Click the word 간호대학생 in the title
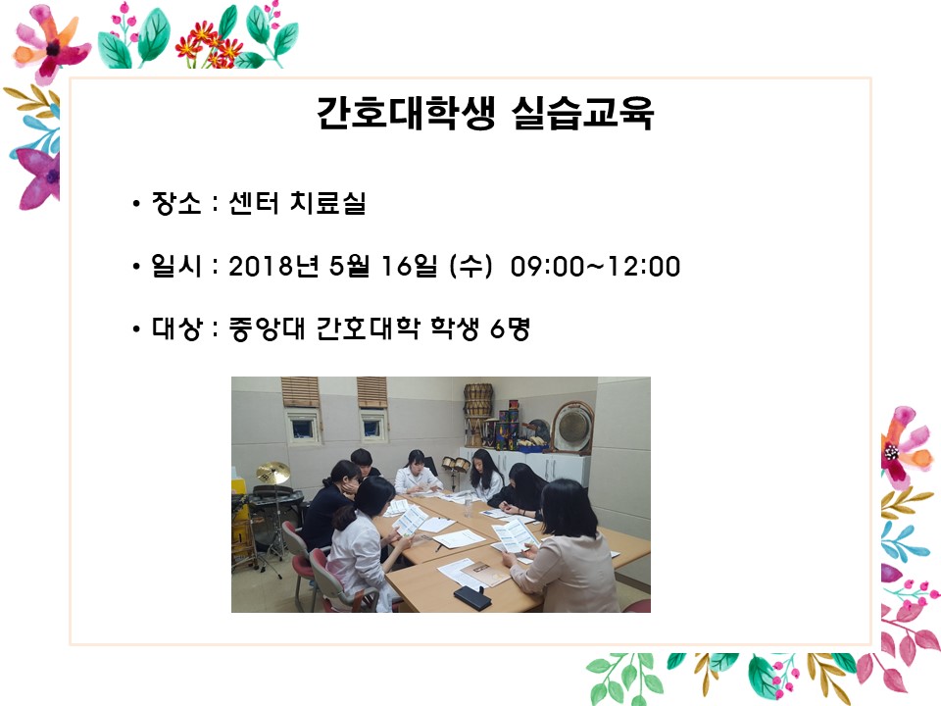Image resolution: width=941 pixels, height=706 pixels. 406,113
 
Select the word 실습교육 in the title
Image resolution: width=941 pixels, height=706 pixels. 581,113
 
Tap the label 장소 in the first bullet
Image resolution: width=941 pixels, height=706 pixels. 175,203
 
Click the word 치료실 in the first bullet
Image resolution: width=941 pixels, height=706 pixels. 327,203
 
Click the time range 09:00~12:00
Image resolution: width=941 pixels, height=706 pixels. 595,266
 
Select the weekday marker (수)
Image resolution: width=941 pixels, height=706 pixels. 471,266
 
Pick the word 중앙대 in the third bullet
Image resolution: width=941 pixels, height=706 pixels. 267,328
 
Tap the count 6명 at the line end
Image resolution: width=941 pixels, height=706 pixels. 510,328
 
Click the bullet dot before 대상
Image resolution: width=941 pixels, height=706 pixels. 136,329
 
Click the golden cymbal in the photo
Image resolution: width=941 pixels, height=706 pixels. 272,473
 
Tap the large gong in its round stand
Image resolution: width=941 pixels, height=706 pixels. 571,428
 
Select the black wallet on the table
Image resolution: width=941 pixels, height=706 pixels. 472,597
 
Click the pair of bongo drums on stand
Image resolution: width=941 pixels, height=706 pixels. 454,463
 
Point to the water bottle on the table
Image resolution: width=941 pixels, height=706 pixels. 469,506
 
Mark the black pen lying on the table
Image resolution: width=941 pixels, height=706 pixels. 439,547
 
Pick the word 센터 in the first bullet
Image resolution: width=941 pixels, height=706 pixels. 254,203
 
